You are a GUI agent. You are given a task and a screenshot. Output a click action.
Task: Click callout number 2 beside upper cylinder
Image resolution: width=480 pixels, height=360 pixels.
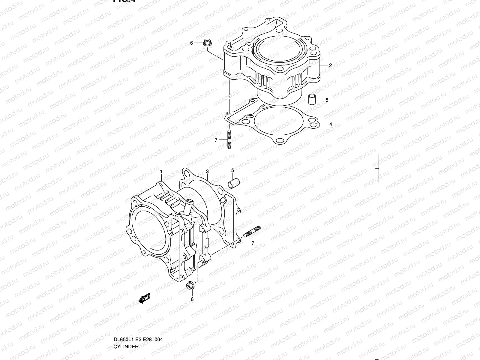330,65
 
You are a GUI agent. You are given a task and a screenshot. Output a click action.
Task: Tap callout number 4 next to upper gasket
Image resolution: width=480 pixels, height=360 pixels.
331,124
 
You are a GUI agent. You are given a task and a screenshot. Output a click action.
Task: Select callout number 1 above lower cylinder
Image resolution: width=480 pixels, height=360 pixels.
161,171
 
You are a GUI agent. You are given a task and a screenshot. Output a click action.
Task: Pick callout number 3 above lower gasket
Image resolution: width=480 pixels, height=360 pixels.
207,171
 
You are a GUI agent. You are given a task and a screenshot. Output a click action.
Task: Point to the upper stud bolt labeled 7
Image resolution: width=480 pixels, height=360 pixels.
229,139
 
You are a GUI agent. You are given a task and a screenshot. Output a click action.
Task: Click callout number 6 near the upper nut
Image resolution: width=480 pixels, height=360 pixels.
191,43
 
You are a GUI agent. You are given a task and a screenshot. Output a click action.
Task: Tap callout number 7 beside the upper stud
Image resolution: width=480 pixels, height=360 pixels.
216,140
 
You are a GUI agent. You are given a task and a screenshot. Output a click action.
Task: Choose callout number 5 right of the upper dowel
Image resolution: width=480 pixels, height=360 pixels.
327,100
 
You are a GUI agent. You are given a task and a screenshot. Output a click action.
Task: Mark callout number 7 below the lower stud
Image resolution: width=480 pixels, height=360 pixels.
253,243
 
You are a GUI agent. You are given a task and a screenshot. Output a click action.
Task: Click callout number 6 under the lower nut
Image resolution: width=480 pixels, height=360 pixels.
192,299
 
